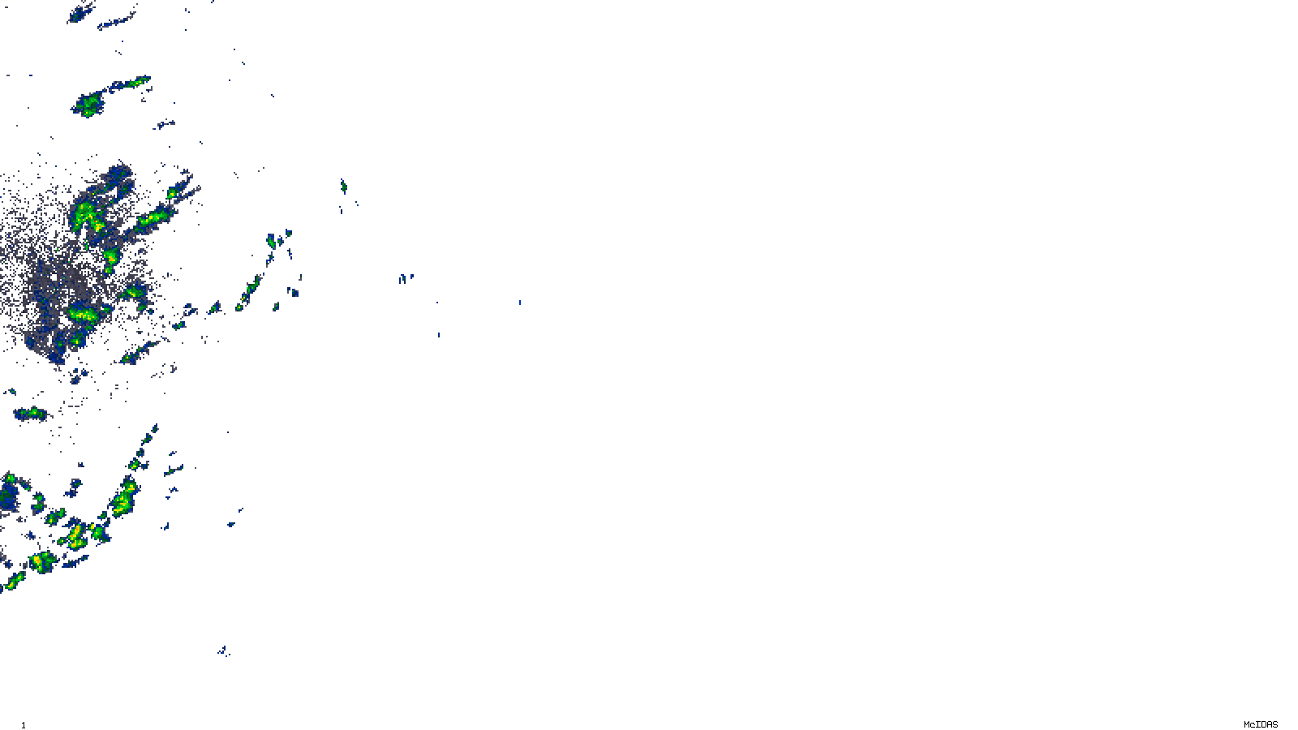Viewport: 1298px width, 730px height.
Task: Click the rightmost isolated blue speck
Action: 520,303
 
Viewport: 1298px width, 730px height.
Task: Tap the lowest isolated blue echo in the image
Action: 223,651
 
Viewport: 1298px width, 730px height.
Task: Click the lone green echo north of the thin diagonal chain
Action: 343,187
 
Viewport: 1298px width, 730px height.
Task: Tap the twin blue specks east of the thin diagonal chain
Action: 405,278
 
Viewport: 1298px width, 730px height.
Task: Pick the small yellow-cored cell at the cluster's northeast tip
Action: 172,194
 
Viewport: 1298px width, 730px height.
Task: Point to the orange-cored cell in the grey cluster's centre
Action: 110,259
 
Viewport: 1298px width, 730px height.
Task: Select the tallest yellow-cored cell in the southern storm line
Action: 125,496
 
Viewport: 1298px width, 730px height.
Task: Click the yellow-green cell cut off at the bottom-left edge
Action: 12,581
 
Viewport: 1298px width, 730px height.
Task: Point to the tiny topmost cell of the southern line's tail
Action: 154,429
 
